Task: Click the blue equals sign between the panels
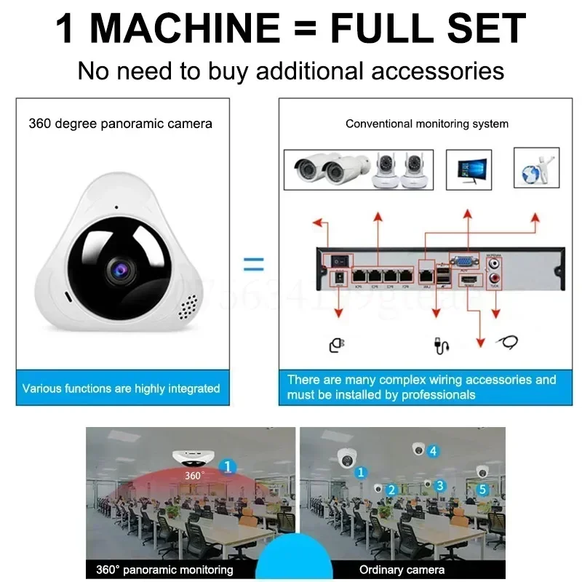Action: tap(253, 264)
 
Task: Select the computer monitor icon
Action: tap(469, 170)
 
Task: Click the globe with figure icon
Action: tap(536, 169)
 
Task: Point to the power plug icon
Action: tap(336, 344)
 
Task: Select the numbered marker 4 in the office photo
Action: tap(434, 451)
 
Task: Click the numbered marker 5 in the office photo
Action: tap(482, 489)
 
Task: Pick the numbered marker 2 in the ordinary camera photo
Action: tap(391, 490)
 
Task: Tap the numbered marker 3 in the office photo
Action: tap(440, 485)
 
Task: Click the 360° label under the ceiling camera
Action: tap(194, 476)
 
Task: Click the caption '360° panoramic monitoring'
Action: tap(164, 570)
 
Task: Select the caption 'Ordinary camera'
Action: tap(402, 570)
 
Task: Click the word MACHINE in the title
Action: tap(186, 29)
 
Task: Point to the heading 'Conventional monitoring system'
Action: tap(427, 124)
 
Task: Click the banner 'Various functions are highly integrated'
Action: tap(121, 388)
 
